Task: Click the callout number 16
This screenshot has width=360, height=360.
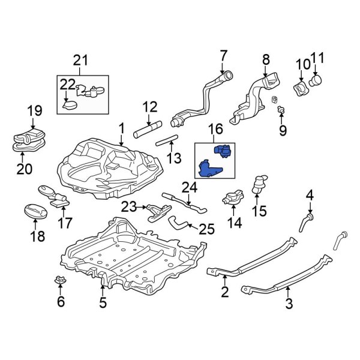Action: click(215, 129)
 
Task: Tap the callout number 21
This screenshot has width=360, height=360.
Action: click(80, 59)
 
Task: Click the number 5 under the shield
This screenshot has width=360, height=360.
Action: click(103, 302)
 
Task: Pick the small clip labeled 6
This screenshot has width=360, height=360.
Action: click(60, 280)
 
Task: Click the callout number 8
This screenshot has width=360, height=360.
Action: click(266, 59)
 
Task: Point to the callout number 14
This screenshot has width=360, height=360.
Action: click(234, 223)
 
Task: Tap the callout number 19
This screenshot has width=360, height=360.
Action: click(34, 110)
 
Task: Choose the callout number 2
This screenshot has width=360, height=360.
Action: click(224, 292)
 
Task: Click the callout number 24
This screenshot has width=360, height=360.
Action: click(190, 187)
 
